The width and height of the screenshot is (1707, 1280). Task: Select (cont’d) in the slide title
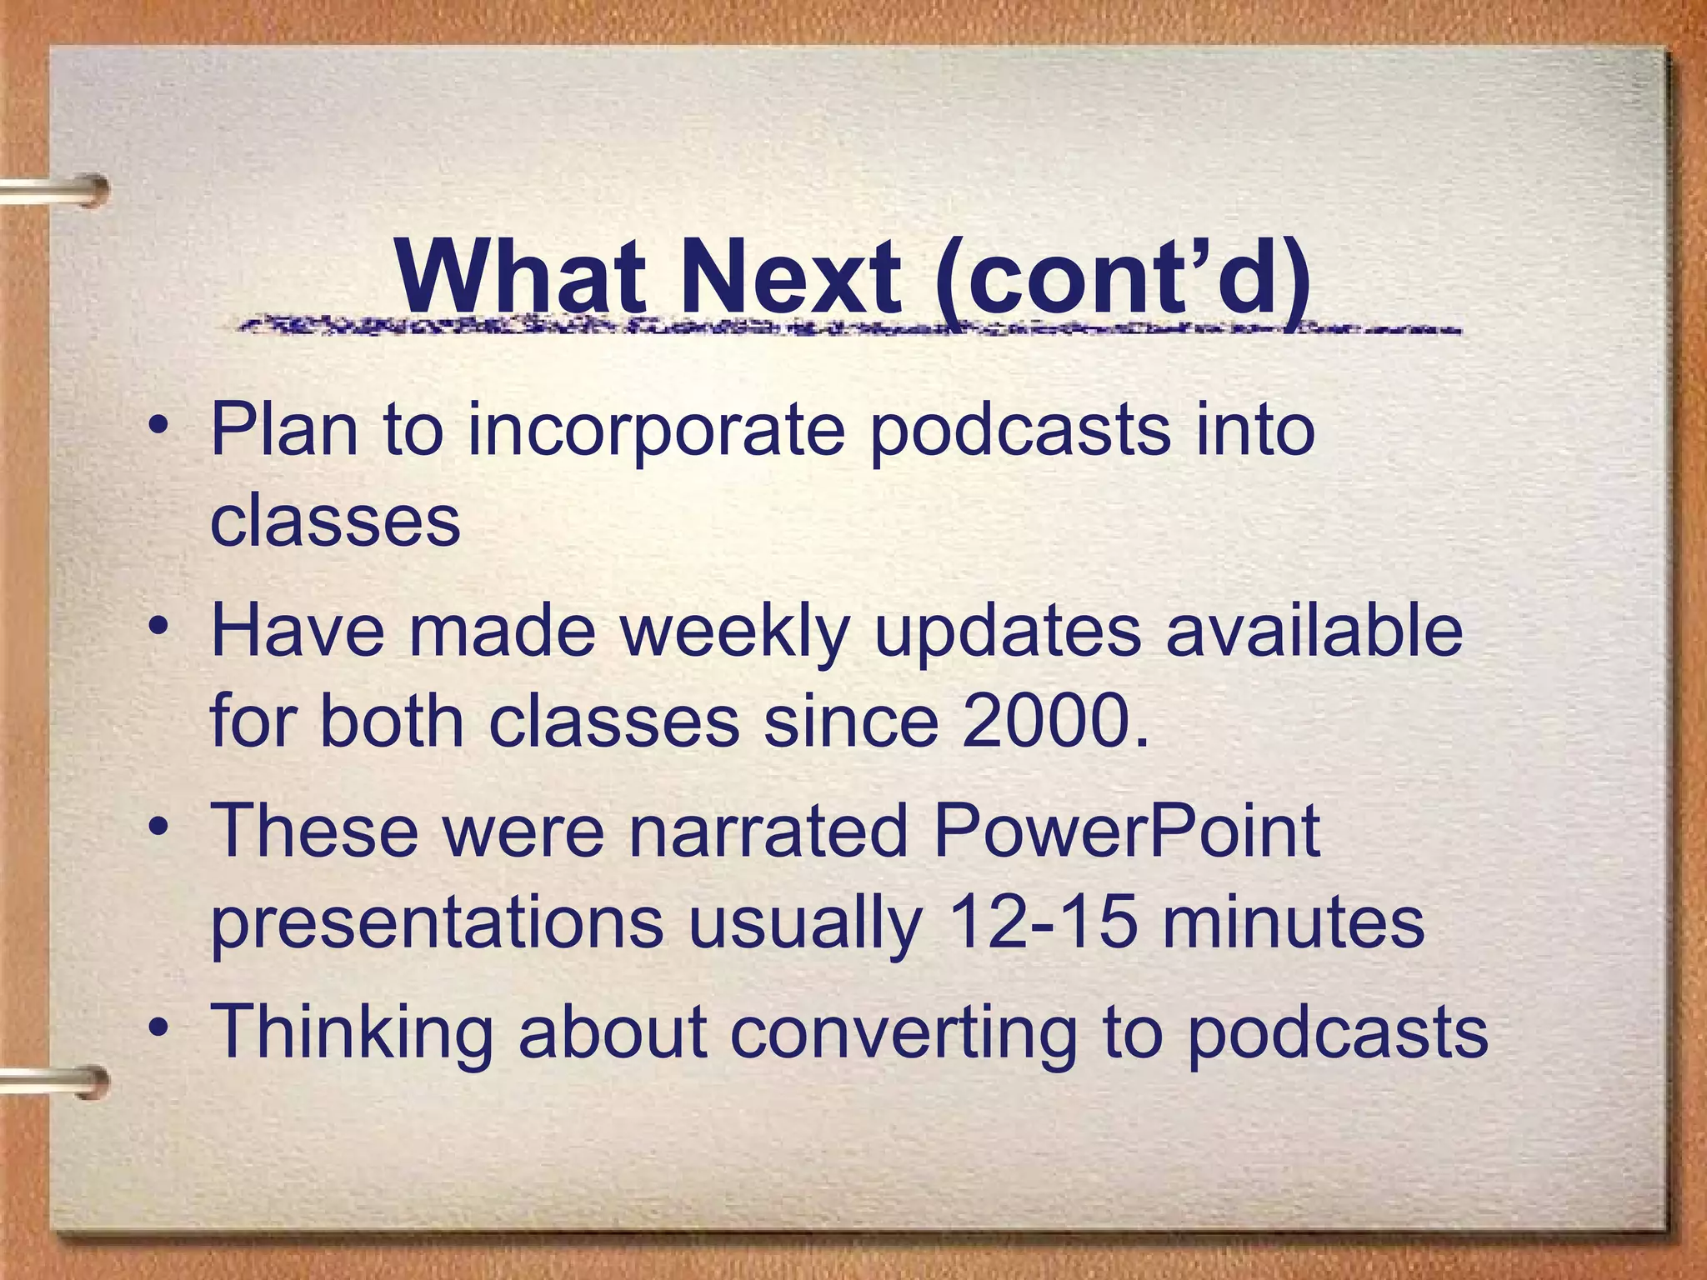tap(1123, 277)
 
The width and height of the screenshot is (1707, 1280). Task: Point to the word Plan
tap(284, 429)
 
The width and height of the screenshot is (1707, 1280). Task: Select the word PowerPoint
tap(1126, 830)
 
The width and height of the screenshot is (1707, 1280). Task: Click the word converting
tap(904, 1032)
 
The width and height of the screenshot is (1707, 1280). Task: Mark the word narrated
tap(768, 830)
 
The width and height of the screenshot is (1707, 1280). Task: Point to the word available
tap(1314, 631)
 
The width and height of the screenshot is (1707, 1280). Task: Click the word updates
tap(1007, 631)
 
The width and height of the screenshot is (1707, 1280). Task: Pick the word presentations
tap(437, 923)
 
